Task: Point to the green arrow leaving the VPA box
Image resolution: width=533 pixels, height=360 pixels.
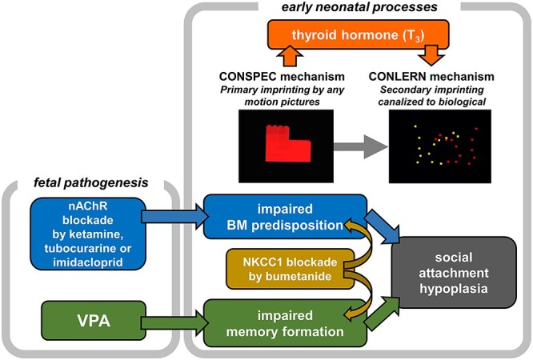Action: (x=170, y=323)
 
